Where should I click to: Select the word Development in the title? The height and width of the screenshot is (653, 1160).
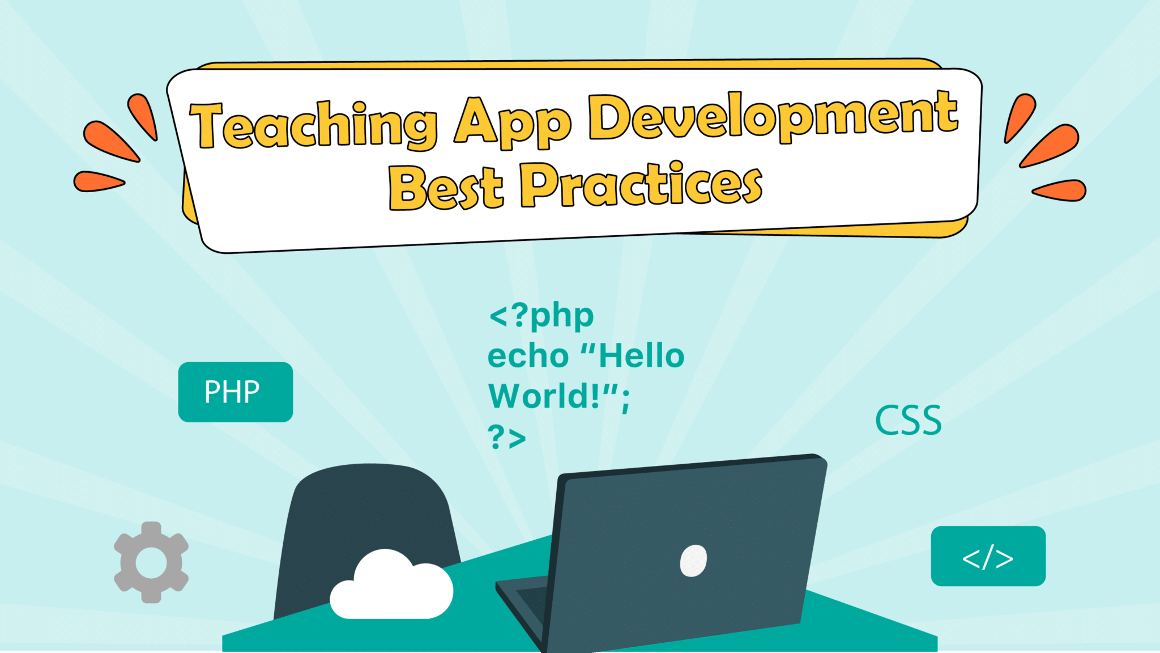773,116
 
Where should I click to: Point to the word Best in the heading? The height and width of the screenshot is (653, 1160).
446,187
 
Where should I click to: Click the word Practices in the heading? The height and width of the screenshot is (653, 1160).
641,184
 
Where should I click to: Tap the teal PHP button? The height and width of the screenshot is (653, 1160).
235,392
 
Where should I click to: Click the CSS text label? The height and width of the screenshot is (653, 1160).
909,421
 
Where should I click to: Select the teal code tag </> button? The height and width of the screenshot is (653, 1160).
988,556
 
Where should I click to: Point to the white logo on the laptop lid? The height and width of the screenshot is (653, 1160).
693,561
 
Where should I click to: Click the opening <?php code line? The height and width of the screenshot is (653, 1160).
541,316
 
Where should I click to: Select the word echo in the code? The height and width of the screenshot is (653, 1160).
528,357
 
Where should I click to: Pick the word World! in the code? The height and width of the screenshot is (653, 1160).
544,396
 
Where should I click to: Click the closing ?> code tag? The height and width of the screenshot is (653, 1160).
507,437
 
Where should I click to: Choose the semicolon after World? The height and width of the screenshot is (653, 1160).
625,401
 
